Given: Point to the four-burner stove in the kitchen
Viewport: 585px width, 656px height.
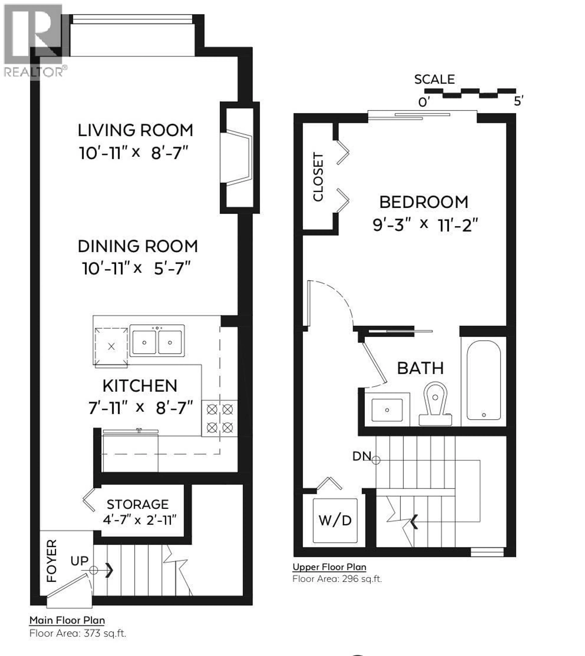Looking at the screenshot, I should (220, 418).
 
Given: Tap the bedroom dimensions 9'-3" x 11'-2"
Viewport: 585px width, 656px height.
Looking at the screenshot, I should (425, 225).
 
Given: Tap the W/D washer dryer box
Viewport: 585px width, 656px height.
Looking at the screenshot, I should (335, 520).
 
